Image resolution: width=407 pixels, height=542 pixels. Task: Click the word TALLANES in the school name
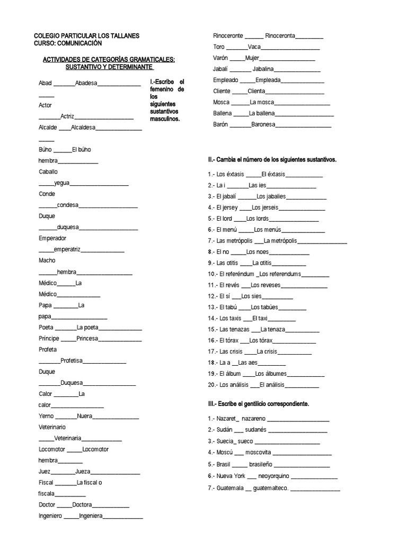click(123, 35)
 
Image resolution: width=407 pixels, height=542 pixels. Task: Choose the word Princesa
click(87, 338)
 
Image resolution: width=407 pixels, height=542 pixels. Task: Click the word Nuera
click(85, 416)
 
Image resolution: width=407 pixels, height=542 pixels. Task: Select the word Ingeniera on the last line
click(91, 516)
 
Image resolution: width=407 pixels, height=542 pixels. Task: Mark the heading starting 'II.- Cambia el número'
click(272, 159)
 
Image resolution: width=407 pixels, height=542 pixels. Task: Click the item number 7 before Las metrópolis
click(210, 240)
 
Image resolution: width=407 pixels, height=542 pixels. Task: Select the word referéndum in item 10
click(237, 274)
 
